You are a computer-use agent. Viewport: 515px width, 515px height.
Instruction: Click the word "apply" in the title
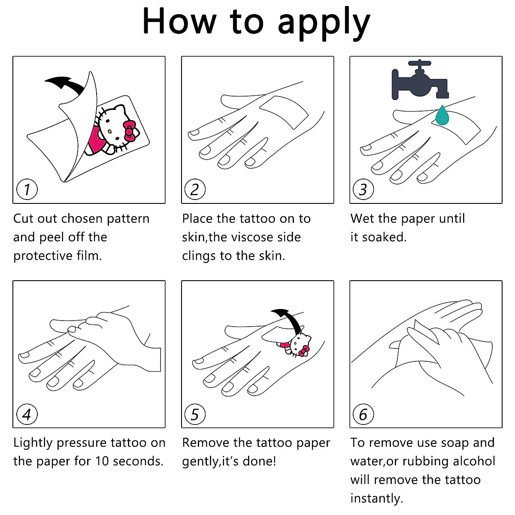[324, 22]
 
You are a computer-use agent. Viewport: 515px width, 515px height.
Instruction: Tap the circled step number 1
[27, 189]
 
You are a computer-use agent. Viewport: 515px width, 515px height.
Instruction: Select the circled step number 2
[195, 189]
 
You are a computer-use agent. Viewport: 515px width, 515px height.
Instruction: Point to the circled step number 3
[363, 189]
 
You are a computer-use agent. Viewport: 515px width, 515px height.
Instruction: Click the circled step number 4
[27, 414]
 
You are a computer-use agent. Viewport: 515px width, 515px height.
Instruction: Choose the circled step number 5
[195, 414]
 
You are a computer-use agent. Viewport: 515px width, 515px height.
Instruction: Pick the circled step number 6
[363, 414]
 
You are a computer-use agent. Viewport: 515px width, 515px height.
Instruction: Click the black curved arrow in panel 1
[64, 84]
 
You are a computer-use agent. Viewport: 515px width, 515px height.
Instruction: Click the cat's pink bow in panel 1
[129, 130]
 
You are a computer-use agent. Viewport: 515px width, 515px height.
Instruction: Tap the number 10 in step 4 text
[102, 461]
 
